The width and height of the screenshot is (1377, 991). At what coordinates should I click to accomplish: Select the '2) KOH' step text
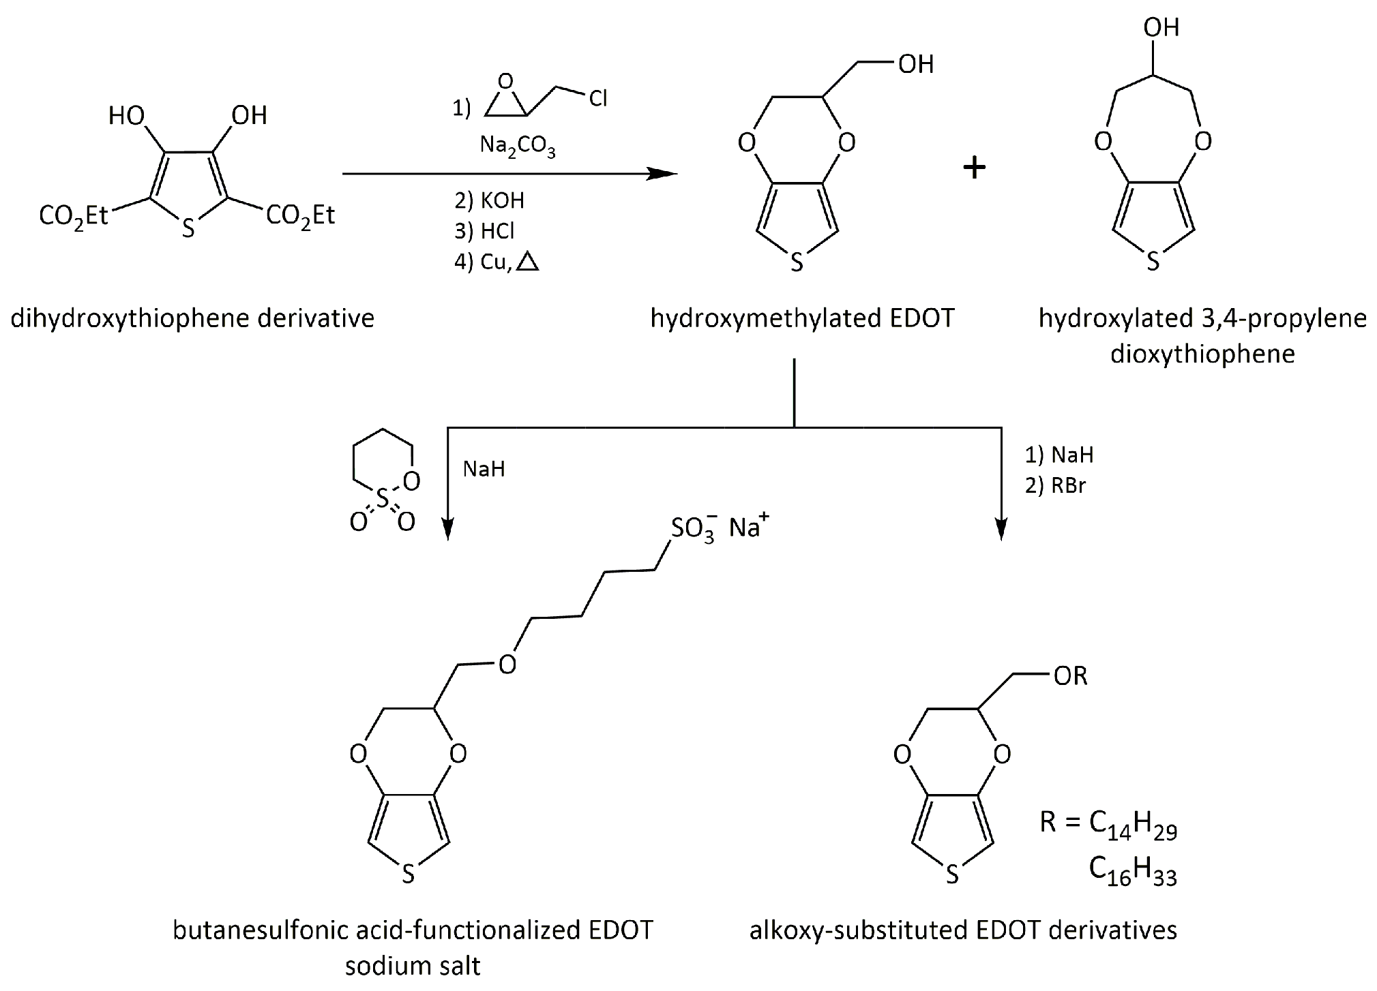point(489,200)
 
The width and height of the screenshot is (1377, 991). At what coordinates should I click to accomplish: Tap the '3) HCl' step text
point(484,231)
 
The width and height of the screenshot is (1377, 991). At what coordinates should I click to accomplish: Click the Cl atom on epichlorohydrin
point(598,100)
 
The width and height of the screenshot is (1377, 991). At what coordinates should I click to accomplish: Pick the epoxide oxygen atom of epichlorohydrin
point(505,82)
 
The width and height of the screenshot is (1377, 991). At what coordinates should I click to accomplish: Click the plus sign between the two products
point(974,168)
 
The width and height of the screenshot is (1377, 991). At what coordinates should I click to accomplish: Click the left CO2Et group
point(74,216)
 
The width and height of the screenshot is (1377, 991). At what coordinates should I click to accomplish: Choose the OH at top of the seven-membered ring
point(1161,27)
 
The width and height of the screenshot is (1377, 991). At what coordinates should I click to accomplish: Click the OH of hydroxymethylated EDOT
point(915,64)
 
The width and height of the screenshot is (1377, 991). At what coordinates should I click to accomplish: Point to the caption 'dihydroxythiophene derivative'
point(192,318)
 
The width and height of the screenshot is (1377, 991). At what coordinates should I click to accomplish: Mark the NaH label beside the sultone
point(484,469)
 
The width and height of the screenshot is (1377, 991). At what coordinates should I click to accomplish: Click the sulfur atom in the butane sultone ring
point(382,501)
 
